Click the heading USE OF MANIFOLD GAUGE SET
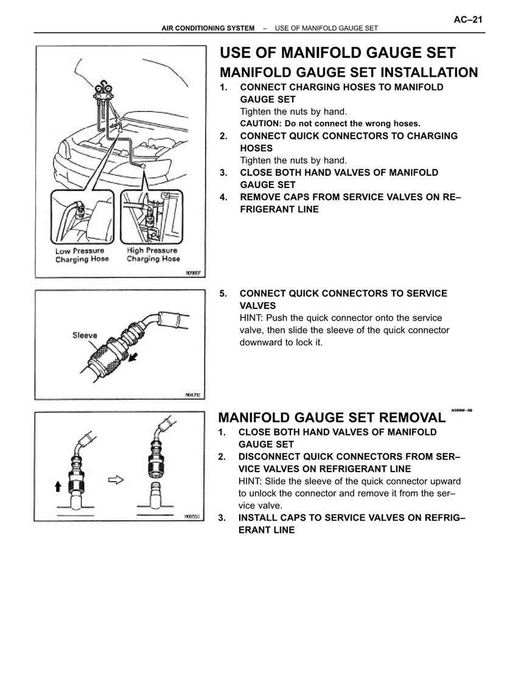tap(337, 53)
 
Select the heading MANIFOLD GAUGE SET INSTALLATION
tap(348, 72)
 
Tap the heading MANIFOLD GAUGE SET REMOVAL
tap(331, 417)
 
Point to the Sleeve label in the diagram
tap(85, 335)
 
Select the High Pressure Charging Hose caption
tap(153, 254)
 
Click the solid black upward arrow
tap(58, 485)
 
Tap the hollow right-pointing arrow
tap(115, 480)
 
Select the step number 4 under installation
tap(223, 197)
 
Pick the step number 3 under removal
tap(222, 518)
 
